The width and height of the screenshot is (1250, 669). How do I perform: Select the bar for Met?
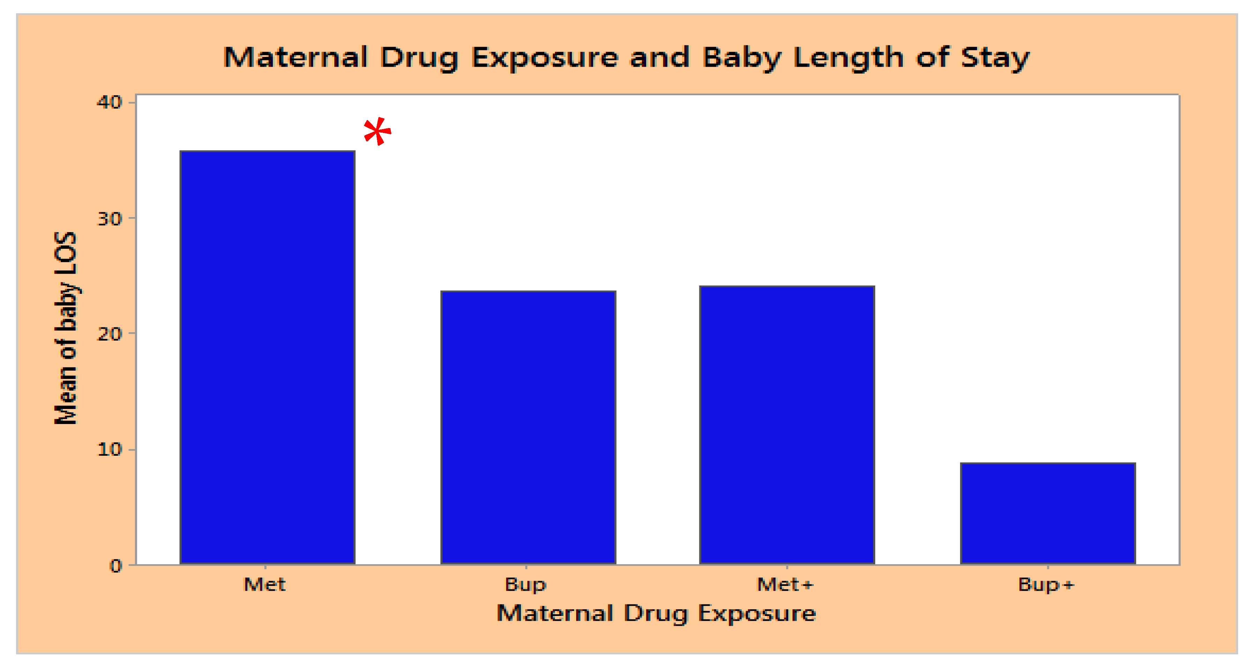tap(267, 358)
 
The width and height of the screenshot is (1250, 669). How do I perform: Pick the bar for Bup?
tap(528, 428)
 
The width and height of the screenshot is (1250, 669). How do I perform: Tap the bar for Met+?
tap(787, 425)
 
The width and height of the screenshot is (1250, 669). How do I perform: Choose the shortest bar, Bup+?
tap(1048, 513)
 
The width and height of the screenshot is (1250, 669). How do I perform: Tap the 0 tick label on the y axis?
tap(116, 566)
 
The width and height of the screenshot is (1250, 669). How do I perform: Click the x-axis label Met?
tap(265, 585)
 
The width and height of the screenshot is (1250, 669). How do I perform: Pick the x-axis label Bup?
tap(526, 585)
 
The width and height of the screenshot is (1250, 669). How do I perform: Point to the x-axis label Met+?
tap(785, 585)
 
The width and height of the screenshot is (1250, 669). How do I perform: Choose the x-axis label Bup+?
tap(1046, 585)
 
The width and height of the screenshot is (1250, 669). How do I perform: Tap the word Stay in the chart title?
tap(995, 58)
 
